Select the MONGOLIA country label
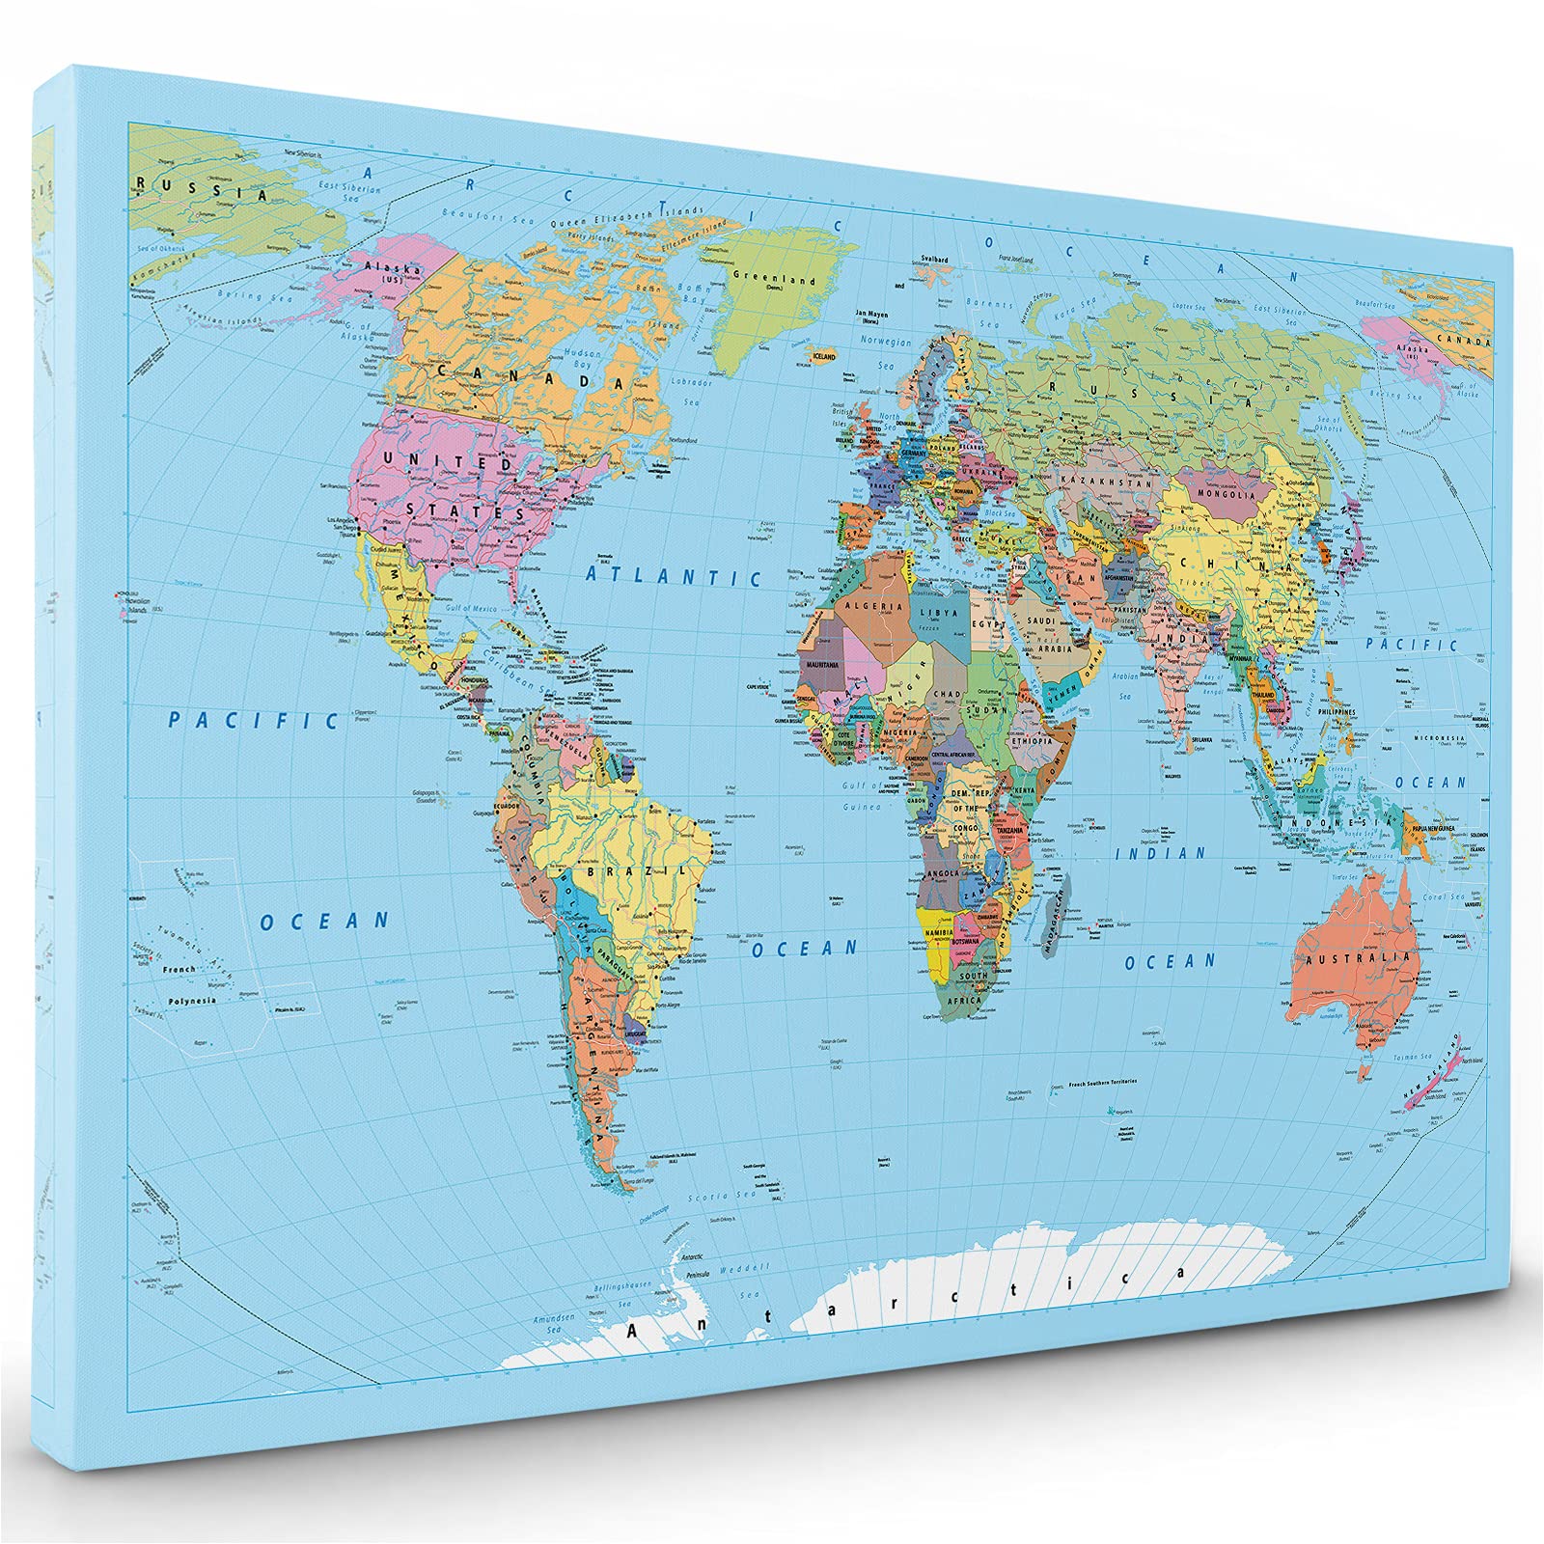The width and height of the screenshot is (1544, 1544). tap(1224, 495)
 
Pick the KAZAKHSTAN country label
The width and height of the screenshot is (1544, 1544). tap(1093, 480)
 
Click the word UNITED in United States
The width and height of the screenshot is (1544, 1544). tap(446, 460)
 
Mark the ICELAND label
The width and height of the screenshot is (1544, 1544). tap(823, 356)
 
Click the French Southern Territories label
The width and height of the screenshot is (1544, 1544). tap(1102, 1083)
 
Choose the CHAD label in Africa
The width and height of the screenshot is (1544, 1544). tap(949, 694)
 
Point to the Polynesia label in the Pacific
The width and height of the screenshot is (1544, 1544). tap(191, 1000)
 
